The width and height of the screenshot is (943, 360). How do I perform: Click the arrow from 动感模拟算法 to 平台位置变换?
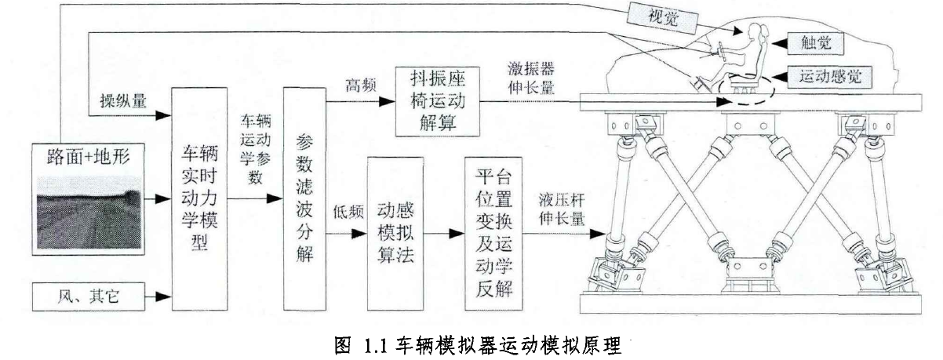(448, 234)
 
